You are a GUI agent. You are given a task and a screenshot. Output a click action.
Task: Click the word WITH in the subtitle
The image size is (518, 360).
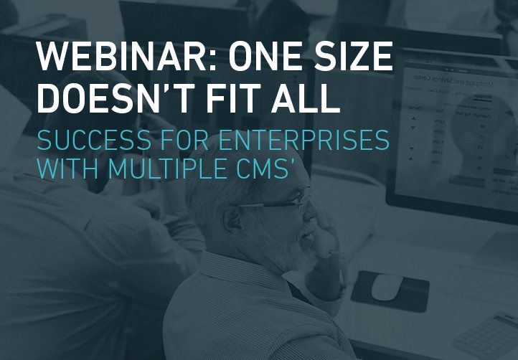point(65,170)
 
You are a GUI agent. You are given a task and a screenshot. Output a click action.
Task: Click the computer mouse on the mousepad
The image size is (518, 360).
point(385,286)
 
